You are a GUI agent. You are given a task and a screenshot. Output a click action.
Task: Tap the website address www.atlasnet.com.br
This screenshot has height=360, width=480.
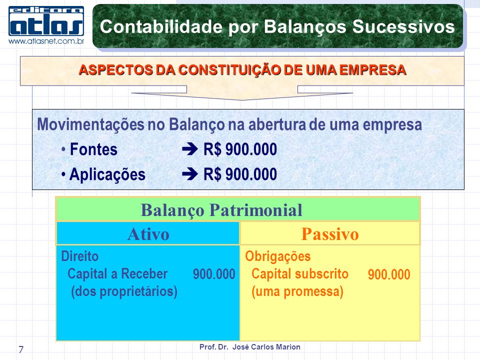tap(46, 41)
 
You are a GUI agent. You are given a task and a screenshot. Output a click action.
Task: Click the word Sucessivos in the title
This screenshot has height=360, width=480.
tap(403, 26)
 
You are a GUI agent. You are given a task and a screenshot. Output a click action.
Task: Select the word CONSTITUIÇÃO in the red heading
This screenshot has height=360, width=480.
tap(229, 70)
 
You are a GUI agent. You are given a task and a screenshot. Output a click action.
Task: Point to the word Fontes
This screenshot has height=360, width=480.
tap(93, 149)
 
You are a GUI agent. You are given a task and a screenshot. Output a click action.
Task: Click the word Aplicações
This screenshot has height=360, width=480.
tap(107, 174)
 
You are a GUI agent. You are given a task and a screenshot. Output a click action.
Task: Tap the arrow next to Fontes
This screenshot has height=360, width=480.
tap(190, 149)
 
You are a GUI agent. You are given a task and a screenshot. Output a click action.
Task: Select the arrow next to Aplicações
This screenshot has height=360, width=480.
tap(190, 174)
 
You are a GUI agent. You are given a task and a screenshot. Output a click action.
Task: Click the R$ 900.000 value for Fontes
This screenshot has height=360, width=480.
tap(240, 149)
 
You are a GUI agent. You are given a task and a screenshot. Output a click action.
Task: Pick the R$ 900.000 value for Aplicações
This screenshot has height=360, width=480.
tap(240, 174)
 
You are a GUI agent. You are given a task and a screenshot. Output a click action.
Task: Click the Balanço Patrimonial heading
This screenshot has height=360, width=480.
tap(221, 210)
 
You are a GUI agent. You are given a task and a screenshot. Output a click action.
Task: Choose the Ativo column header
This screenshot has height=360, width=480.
tap(148, 234)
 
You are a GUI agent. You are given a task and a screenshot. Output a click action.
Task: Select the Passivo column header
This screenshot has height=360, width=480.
tap(329, 234)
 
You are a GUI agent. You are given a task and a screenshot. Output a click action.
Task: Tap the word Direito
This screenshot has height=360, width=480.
tap(80, 256)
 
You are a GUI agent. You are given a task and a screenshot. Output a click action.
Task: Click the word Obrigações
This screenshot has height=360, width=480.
tap(277, 256)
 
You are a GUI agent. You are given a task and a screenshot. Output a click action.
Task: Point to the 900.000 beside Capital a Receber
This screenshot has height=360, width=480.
tap(214, 274)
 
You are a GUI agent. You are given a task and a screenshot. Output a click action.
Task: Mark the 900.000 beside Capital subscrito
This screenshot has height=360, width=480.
tap(389, 274)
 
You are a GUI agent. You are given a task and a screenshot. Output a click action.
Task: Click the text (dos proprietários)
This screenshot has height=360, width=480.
tap(124, 291)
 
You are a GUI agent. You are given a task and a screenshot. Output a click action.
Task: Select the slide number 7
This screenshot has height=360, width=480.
tap(21, 349)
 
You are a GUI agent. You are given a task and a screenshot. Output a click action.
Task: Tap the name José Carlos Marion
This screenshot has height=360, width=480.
tap(266, 347)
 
